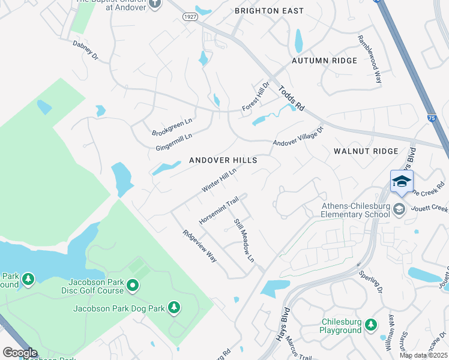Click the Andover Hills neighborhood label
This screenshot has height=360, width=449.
point(223,160)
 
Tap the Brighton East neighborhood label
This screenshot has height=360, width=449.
point(269,11)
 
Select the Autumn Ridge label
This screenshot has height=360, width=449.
point(324,61)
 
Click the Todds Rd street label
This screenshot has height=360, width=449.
point(292,98)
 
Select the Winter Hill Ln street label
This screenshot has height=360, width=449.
point(219,180)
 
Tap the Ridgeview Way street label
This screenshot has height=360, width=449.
point(200,246)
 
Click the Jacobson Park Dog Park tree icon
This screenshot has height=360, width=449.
point(174,308)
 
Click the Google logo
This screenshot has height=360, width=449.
point(20,353)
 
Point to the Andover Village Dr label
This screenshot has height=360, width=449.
point(298,136)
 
